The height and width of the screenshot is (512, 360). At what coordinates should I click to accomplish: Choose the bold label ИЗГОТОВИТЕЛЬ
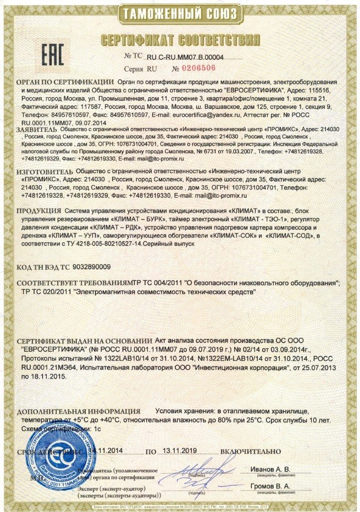pyautogui.click(x=43, y=172)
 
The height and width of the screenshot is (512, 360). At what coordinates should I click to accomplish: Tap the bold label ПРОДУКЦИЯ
pyautogui.click(x=38, y=211)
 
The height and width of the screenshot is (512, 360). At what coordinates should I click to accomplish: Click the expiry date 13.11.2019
pyautogui.click(x=183, y=451)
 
